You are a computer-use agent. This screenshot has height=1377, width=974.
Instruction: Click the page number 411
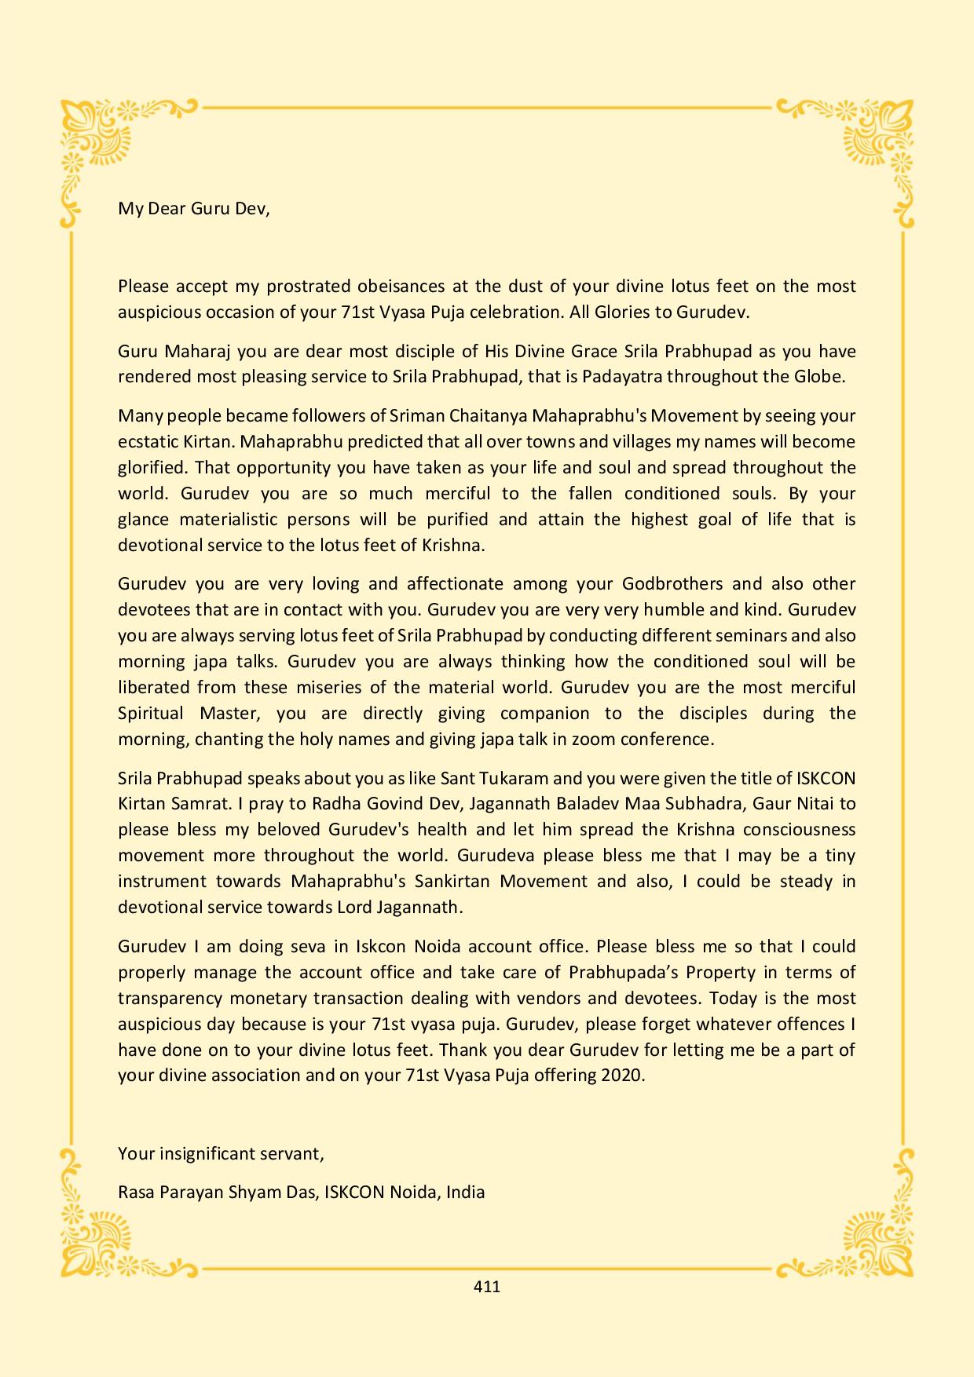point(487,1287)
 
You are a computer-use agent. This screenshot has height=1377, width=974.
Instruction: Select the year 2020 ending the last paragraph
point(622,1075)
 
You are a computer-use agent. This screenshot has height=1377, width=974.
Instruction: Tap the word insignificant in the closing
point(226,1153)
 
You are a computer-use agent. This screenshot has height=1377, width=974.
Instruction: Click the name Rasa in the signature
point(136,1192)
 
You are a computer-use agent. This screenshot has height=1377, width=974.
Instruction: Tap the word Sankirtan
point(444,881)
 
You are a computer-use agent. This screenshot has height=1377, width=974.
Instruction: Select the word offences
point(801,1024)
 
